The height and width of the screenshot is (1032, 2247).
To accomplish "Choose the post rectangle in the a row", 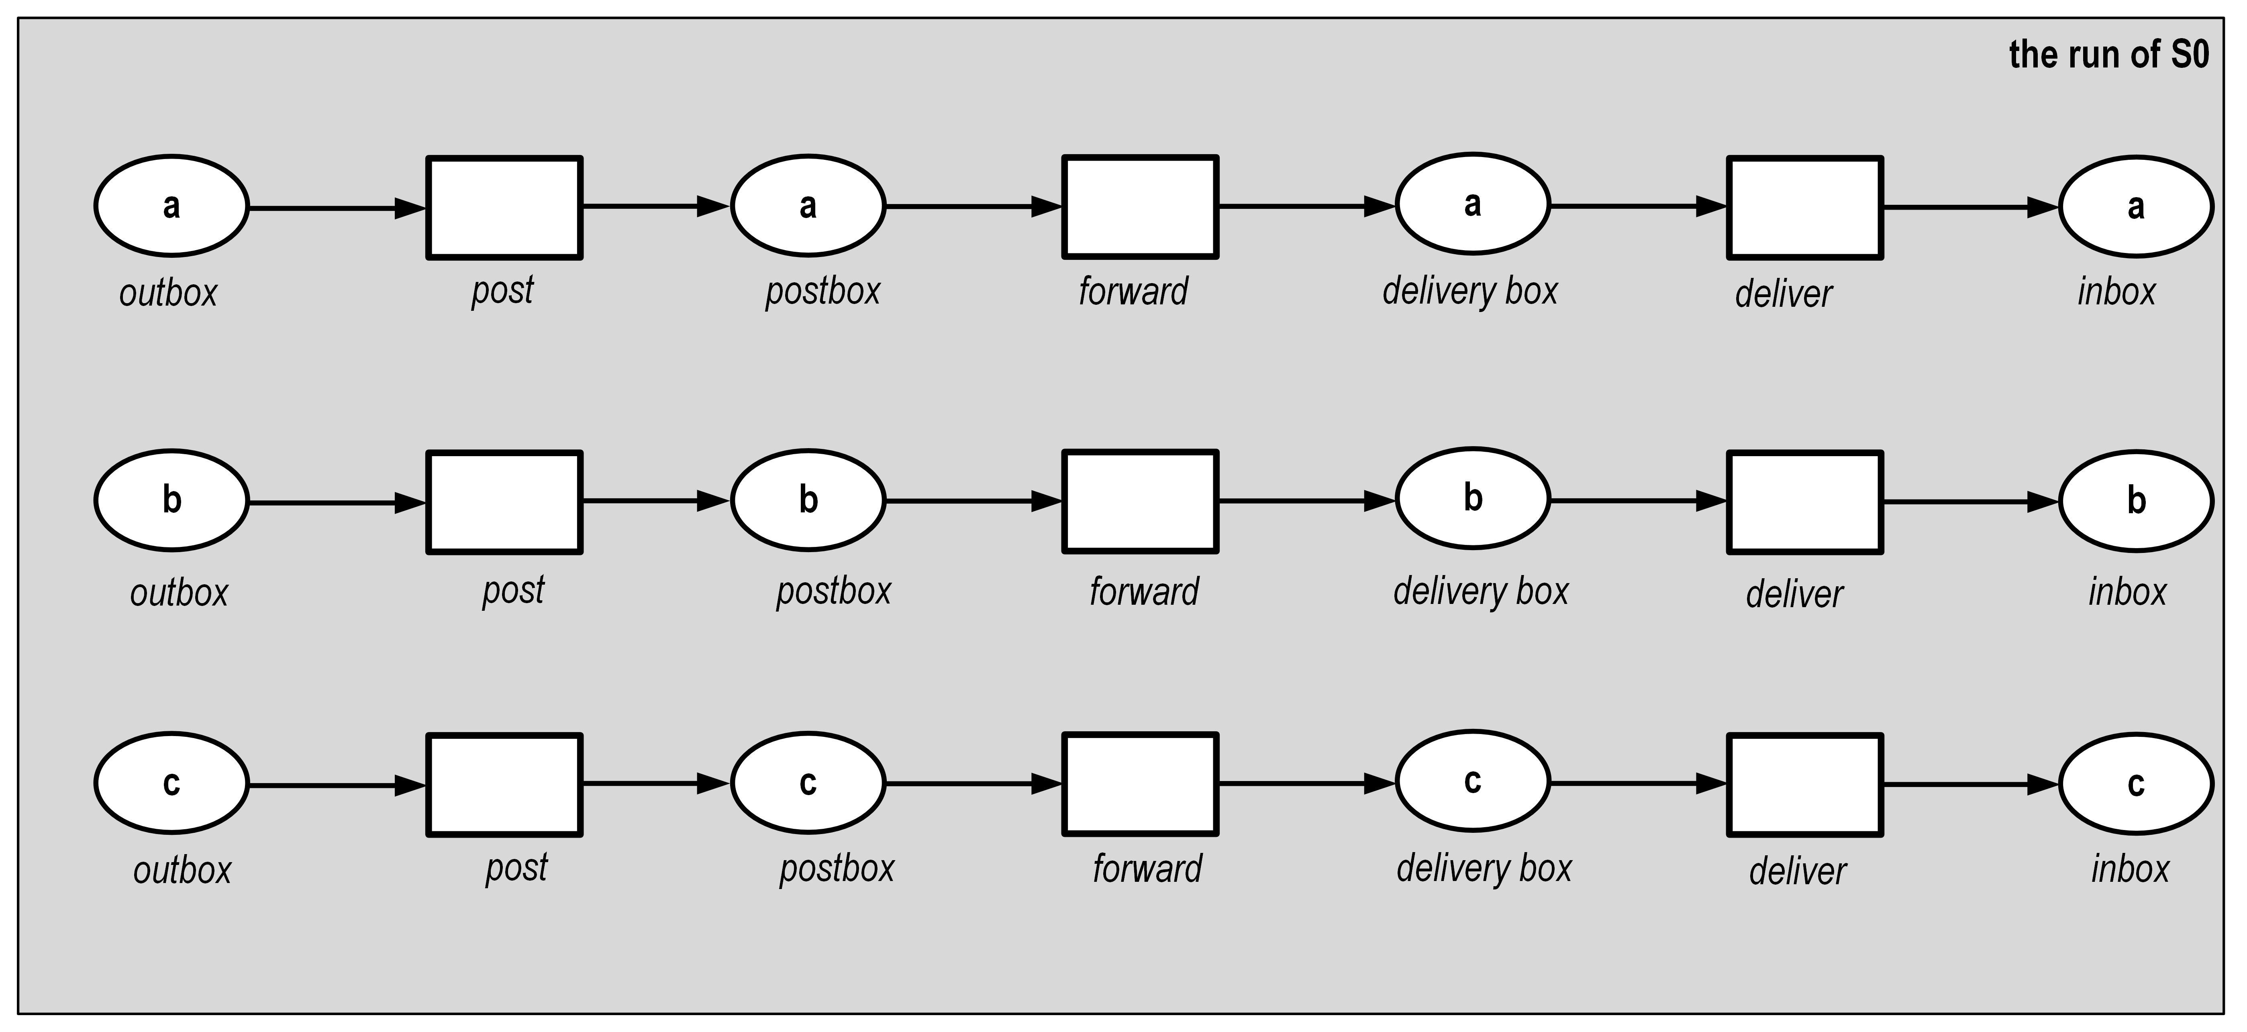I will click(504, 208).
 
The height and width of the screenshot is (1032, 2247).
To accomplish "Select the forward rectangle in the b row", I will click(1140, 502).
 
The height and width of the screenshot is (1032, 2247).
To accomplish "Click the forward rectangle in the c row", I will click(1140, 784).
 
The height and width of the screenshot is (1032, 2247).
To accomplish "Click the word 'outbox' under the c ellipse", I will click(182, 871).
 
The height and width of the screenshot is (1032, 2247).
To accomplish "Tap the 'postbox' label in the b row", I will click(834, 591).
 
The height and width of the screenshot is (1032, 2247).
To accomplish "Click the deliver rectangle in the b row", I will click(1805, 502).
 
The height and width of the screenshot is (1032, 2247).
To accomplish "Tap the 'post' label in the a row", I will click(502, 290).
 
